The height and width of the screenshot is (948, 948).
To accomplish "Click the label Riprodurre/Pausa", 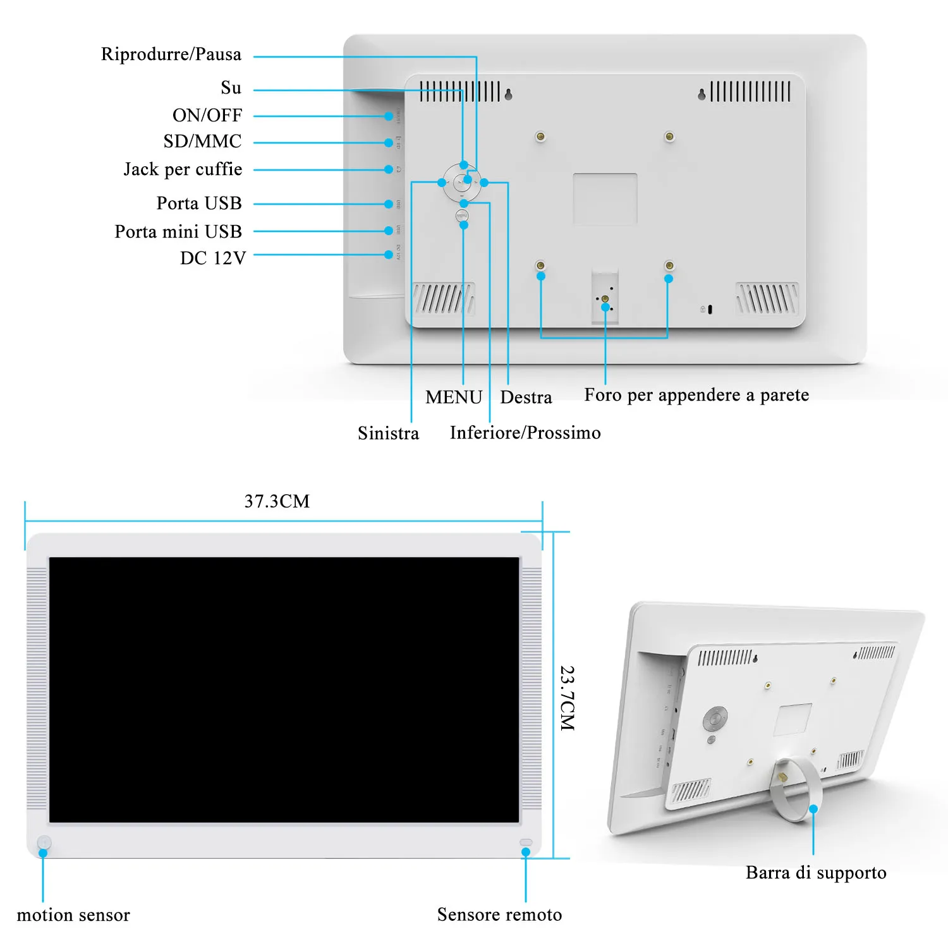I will pyautogui.click(x=171, y=54).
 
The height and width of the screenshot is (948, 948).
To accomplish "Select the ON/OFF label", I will pyautogui.click(x=207, y=115).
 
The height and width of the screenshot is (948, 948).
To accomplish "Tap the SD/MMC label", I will pyautogui.click(x=202, y=141).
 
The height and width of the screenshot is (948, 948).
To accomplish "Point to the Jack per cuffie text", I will pyautogui.click(x=183, y=169).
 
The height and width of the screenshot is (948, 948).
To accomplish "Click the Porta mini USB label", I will pyautogui.click(x=178, y=232).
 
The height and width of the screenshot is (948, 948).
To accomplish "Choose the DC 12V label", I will pyautogui.click(x=212, y=258).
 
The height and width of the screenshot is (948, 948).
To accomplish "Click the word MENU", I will pyautogui.click(x=454, y=397).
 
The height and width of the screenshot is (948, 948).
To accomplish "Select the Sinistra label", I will pyautogui.click(x=388, y=433).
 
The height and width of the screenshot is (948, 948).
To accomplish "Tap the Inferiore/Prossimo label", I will pyautogui.click(x=525, y=433).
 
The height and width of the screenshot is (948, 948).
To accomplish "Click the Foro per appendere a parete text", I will pyautogui.click(x=696, y=395).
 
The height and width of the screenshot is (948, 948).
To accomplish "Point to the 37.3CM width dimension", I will pyautogui.click(x=277, y=501).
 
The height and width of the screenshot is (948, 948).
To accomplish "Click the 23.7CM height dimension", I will pyautogui.click(x=567, y=698).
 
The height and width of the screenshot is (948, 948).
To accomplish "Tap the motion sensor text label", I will pyautogui.click(x=73, y=915).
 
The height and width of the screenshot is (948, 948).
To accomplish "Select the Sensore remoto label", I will pyautogui.click(x=499, y=915).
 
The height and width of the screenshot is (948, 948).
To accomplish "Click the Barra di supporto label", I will pyautogui.click(x=816, y=873).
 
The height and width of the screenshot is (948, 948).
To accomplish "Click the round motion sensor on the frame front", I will pyautogui.click(x=44, y=842).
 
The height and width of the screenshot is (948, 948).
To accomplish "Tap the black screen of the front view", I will pyautogui.click(x=284, y=689).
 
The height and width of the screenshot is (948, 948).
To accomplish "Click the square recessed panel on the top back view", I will pyautogui.click(x=605, y=198).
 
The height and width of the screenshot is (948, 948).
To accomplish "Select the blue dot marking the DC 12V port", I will pyautogui.click(x=389, y=255).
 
